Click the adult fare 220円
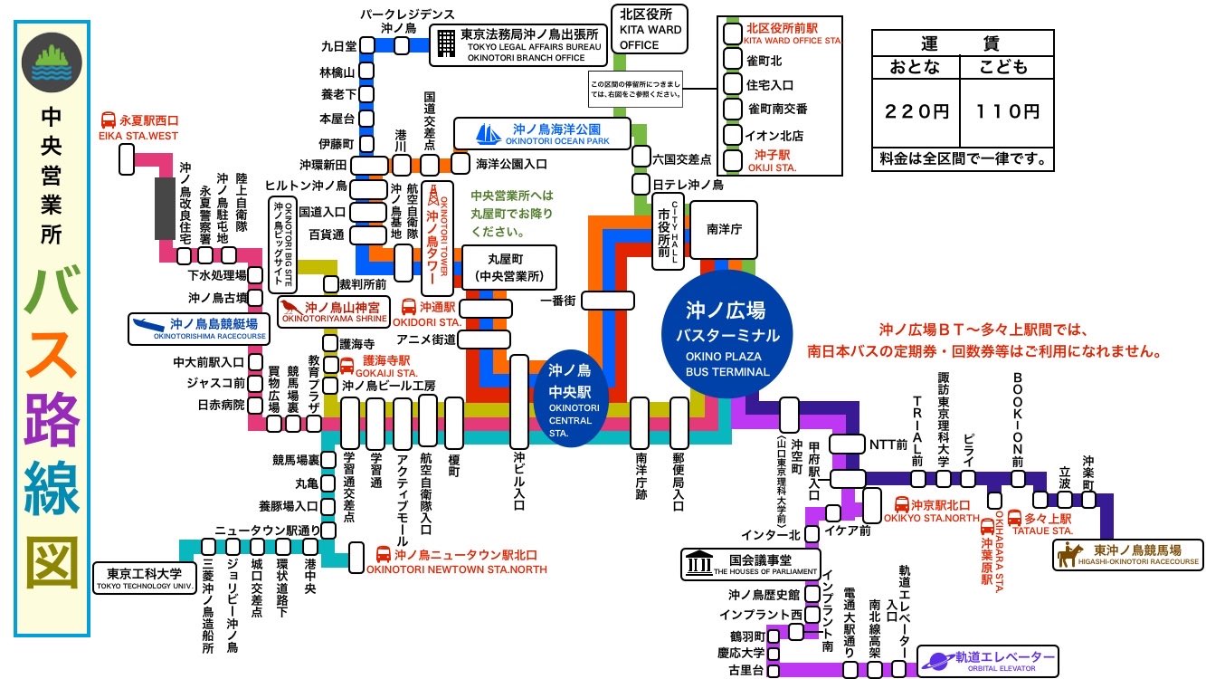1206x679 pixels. (916, 111)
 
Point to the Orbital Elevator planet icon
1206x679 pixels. (936, 659)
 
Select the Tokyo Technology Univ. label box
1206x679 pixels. (145, 578)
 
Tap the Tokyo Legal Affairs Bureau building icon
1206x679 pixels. (445, 42)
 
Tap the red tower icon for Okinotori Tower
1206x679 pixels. (433, 195)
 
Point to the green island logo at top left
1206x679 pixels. (52, 60)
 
